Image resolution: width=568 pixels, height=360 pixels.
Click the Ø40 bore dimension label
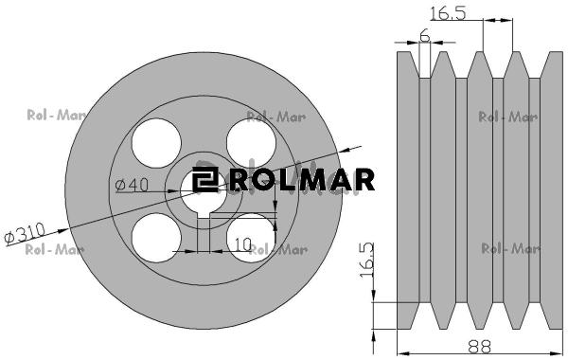(132, 185)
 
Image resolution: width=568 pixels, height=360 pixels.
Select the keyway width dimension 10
(242, 244)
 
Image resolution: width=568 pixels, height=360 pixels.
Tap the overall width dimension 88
(479, 347)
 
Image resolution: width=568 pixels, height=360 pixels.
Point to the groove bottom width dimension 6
(424, 36)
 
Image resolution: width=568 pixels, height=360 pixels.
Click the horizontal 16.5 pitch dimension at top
(448, 13)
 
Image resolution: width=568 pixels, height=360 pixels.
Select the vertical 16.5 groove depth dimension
(366, 261)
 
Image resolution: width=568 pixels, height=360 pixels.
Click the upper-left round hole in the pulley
(156, 143)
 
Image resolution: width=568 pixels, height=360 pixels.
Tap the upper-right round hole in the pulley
(251, 143)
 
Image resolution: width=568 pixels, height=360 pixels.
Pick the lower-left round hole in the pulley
(156, 238)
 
